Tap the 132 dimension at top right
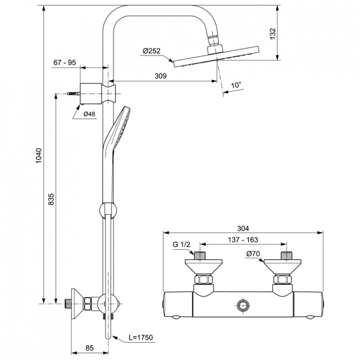[273, 34]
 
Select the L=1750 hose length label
[140, 338]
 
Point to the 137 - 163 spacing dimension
[244, 239]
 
